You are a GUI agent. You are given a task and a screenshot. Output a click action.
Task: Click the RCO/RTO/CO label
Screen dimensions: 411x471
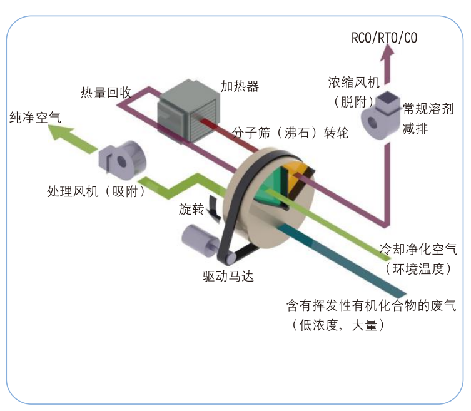click(384, 38)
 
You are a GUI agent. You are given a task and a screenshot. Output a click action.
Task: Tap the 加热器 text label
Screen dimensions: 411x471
click(239, 86)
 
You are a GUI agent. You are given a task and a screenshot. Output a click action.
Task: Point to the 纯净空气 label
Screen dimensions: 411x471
click(35, 117)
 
